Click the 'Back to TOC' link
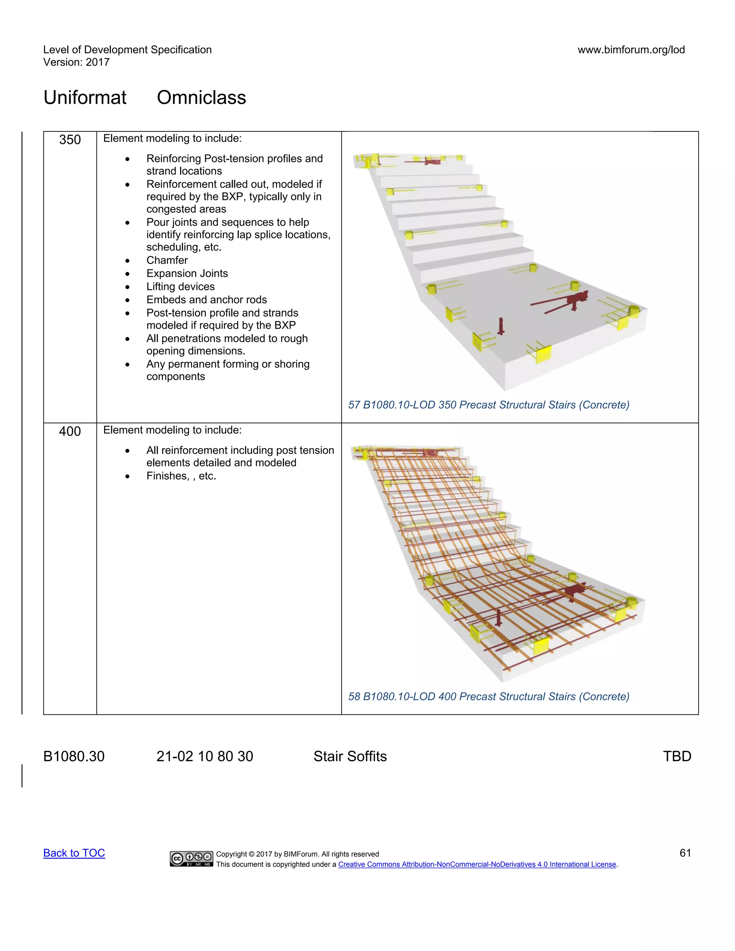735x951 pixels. [x=74, y=853]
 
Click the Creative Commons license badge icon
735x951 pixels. [x=191, y=858]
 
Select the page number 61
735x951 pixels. [x=685, y=853]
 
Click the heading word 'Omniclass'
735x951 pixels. [x=201, y=98]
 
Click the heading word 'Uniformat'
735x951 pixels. [x=85, y=98]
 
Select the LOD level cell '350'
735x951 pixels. [x=70, y=140]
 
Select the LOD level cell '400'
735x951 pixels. [x=70, y=431]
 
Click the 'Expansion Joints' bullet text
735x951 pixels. [x=187, y=273]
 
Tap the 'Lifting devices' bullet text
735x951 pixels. [x=180, y=286]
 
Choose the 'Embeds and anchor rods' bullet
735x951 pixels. [x=206, y=300]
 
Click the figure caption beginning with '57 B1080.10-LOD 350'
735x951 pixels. [x=488, y=404]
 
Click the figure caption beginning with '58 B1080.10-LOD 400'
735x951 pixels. [x=488, y=696]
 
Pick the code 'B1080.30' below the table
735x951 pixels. [x=74, y=756]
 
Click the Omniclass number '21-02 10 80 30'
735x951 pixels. [x=205, y=756]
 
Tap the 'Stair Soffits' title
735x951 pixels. [x=350, y=756]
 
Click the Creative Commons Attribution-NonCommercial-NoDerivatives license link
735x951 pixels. [x=477, y=865]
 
